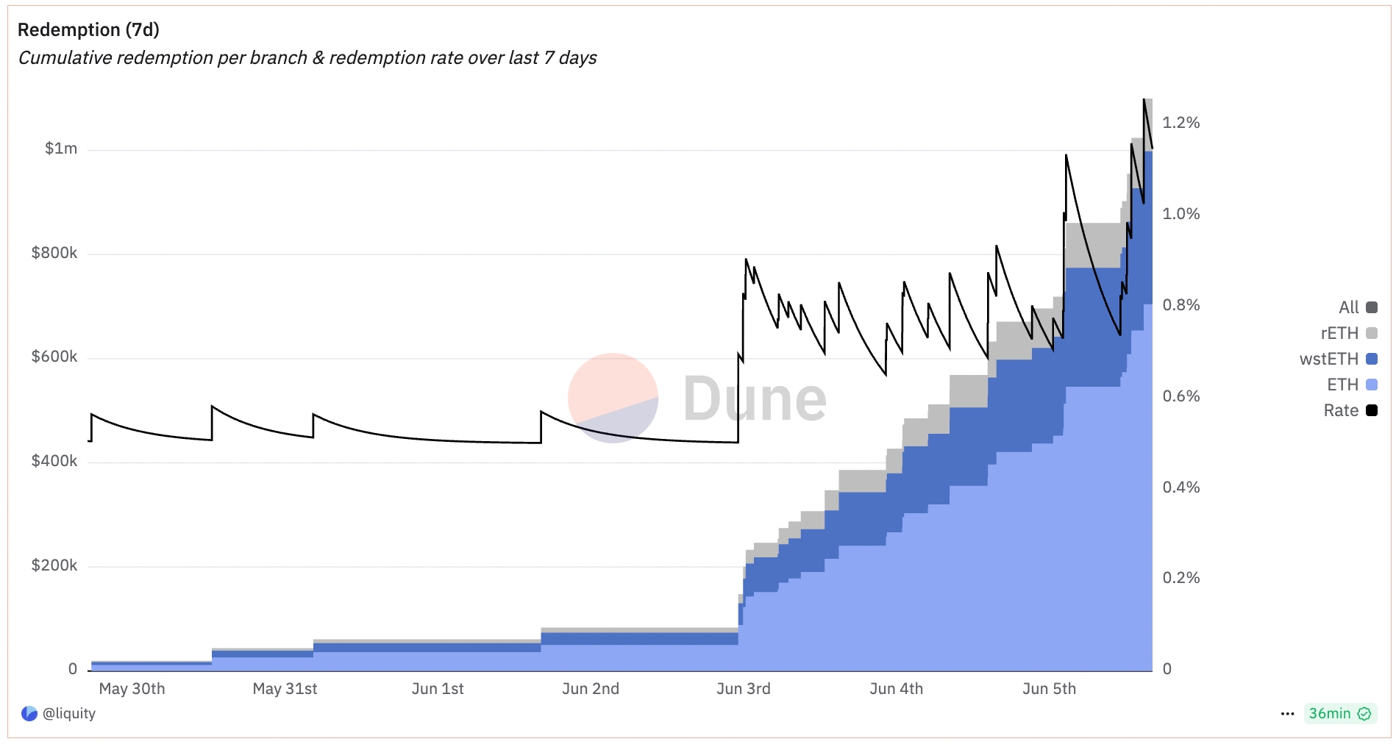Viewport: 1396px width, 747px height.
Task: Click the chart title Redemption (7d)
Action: pyautogui.click(x=88, y=29)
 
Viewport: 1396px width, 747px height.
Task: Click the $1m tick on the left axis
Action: pyautogui.click(x=60, y=149)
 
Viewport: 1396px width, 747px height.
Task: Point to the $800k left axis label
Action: pyautogui.click(x=54, y=253)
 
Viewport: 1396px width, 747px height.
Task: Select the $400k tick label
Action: pyautogui.click(x=54, y=461)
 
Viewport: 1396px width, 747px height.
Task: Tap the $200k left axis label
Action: pyautogui.click(x=54, y=565)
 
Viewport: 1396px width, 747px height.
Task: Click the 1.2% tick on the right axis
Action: pyautogui.click(x=1180, y=123)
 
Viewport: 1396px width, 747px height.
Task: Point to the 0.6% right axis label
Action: pyautogui.click(x=1180, y=396)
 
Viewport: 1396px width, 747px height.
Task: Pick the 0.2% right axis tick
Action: pyautogui.click(x=1180, y=578)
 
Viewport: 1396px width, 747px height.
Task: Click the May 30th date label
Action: pyautogui.click(x=132, y=689)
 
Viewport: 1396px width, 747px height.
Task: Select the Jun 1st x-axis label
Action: pyautogui.click(x=438, y=689)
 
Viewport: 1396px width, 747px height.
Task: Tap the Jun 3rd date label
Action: pyautogui.click(x=743, y=689)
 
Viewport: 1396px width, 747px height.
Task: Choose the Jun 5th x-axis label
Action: pyautogui.click(x=1049, y=689)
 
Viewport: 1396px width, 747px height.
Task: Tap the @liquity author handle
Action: pyautogui.click(x=68, y=713)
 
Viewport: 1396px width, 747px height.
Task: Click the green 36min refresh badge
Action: pyautogui.click(x=1339, y=713)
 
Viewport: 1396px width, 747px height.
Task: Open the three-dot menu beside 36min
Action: pyautogui.click(x=1287, y=713)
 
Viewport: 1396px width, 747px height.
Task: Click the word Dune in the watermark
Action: pyautogui.click(x=755, y=398)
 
